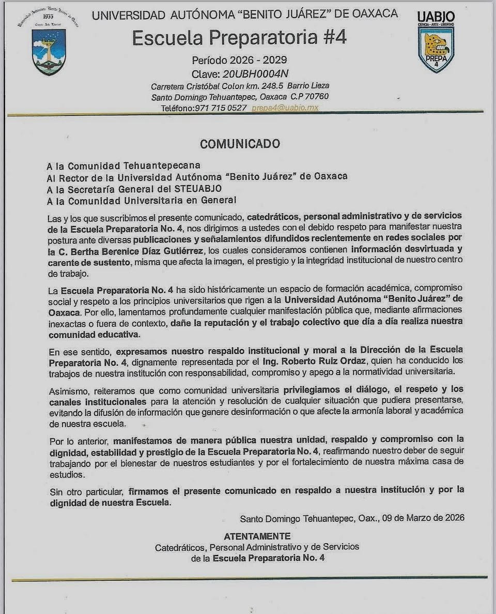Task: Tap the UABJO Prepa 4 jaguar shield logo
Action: (436, 44)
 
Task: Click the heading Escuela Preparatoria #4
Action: (239, 38)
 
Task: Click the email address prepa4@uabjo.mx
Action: (285, 108)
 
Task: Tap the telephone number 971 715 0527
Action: (221, 108)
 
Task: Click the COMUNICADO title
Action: (240, 144)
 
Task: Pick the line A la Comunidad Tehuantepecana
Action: (123, 166)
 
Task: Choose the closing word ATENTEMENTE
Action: (257, 536)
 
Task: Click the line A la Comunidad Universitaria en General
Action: (141, 201)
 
